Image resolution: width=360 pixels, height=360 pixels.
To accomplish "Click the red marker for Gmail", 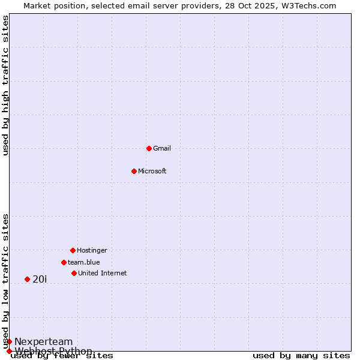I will pos(149,148).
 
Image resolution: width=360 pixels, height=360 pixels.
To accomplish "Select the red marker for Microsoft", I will pos(134,171).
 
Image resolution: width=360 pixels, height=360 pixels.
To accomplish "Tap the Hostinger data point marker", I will pos(73,250).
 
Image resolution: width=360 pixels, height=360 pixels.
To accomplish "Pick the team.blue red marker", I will pos(64,262).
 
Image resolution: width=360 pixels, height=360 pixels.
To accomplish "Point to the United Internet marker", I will pos(74,273).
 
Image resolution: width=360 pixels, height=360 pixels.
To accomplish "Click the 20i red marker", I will pos(27,279).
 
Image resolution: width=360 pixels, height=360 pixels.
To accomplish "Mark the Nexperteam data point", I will pos(9,341).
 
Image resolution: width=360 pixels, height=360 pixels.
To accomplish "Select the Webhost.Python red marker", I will pos(9,351).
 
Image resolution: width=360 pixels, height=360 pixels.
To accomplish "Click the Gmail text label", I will pos(162,148).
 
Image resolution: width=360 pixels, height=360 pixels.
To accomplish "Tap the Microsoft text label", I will pos(152,171).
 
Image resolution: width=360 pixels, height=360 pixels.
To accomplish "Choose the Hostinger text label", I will pos(92,250).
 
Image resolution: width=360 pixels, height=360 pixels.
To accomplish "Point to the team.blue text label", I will pos(84,262).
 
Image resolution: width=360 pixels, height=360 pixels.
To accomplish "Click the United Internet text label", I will pos(103,273).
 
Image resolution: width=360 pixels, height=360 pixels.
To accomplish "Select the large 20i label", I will pos(40,279).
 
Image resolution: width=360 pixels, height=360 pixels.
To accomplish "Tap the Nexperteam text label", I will pos(44,341).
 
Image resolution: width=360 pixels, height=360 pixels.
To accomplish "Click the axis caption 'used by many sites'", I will pos(301,356).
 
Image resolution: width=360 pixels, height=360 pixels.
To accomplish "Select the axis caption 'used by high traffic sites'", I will pos(5,85).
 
